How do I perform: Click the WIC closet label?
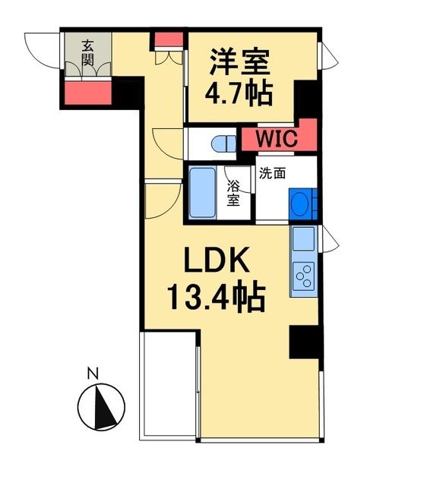tap(271, 140)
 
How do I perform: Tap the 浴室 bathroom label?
tap(234, 194)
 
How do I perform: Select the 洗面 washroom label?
tap(273, 172)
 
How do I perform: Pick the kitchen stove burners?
tap(303, 274)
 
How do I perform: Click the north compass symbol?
tap(101, 406)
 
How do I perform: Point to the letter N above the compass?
tap(93, 373)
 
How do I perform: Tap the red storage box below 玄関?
tap(87, 91)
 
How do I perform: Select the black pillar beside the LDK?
tap(304, 342)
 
